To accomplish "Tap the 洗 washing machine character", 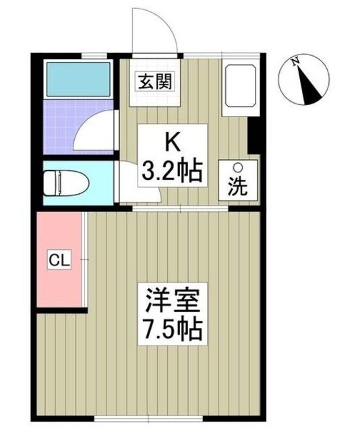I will (x=237, y=187).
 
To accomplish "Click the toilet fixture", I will (x=61, y=182).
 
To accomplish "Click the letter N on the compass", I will (x=295, y=61).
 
